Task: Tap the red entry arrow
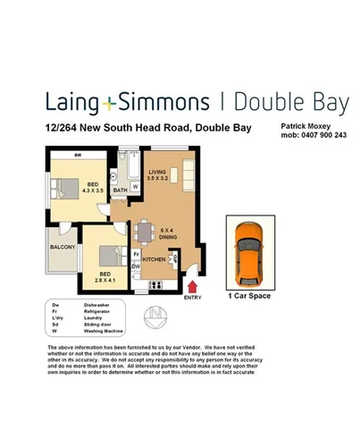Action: pyautogui.click(x=193, y=286)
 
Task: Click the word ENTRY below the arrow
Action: pyautogui.click(x=193, y=298)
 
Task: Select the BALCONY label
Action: pyautogui.click(x=62, y=247)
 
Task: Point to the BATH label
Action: pyautogui.click(x=119, y=190)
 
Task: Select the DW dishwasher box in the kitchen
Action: pyautogui.click(x=136, y=267)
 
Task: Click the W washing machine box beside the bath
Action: pyautogui.click(x=136, y=186)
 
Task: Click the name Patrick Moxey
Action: pyautogui.click(x=306, y=128)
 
